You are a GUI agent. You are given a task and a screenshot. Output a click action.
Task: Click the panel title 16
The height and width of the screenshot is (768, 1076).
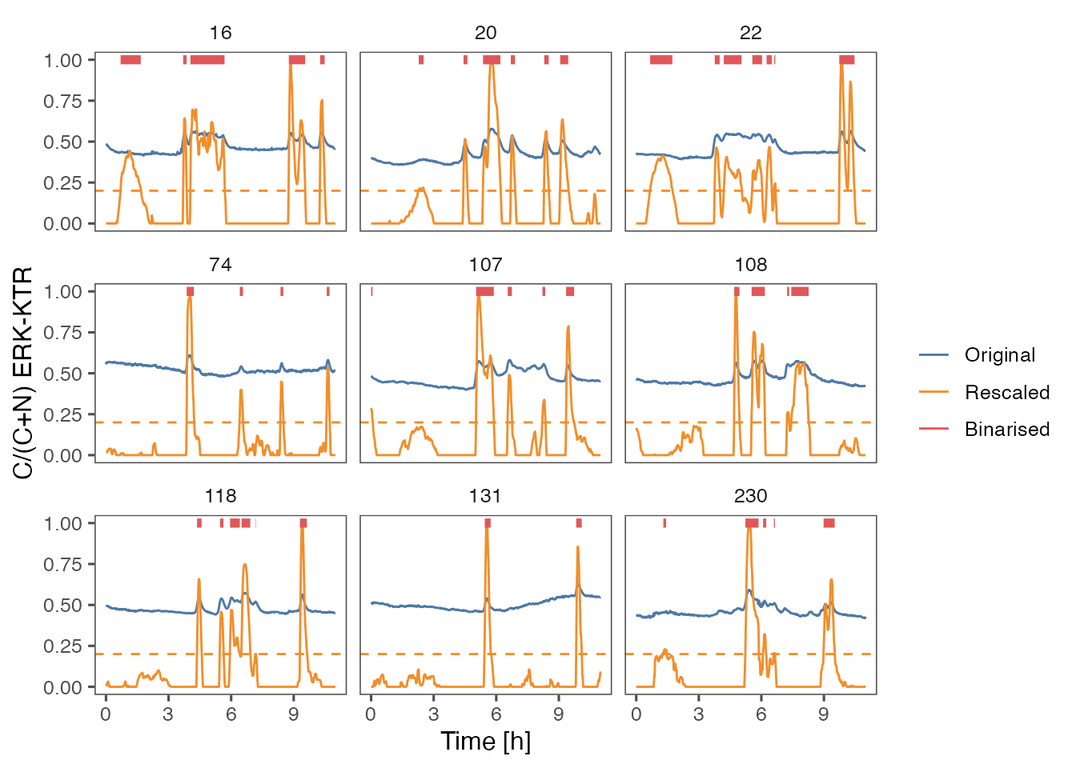(x=220, y=33)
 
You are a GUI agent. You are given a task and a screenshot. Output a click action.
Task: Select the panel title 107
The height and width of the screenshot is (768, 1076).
(x=485, y=265)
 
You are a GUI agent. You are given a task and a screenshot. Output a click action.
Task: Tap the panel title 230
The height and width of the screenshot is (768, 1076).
(x=750, y=496)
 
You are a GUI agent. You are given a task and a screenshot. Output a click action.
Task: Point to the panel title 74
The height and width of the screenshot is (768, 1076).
(x=220, y=265)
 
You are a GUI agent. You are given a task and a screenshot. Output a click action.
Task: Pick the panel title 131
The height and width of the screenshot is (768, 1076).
(x=485, y=496)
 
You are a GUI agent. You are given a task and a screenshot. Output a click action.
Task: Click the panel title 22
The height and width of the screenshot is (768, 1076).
(x=750, y=33)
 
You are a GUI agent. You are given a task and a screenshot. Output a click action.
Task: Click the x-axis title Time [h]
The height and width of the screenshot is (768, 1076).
(x=485, y=741)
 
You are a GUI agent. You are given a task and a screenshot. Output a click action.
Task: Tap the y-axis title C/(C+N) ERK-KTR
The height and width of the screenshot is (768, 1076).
(x=23, y=373)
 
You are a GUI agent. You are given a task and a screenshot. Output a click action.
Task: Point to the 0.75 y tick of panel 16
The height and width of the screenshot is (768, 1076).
(x=63, y=101)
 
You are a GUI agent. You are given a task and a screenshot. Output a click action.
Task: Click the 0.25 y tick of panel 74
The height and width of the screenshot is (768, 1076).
(x=63, y=414)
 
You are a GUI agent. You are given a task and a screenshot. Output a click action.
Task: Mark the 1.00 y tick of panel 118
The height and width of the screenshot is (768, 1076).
(x=63, y=523)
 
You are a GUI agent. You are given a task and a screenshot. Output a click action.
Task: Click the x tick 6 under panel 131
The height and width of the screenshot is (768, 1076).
(x=496, y=714)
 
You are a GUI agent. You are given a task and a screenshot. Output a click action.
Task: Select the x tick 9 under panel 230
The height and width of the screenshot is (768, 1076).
(x=823, y=714)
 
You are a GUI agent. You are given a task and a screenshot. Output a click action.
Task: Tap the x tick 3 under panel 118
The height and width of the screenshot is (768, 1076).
(x=167, y=714)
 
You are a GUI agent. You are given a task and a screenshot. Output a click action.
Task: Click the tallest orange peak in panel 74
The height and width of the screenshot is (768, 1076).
(x=190, y=298)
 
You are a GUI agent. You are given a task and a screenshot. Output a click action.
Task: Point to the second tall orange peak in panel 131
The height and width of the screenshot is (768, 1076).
(x=578, y=548)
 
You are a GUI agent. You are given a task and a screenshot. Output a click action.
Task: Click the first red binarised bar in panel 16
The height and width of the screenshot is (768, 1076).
(x=130, y=60)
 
